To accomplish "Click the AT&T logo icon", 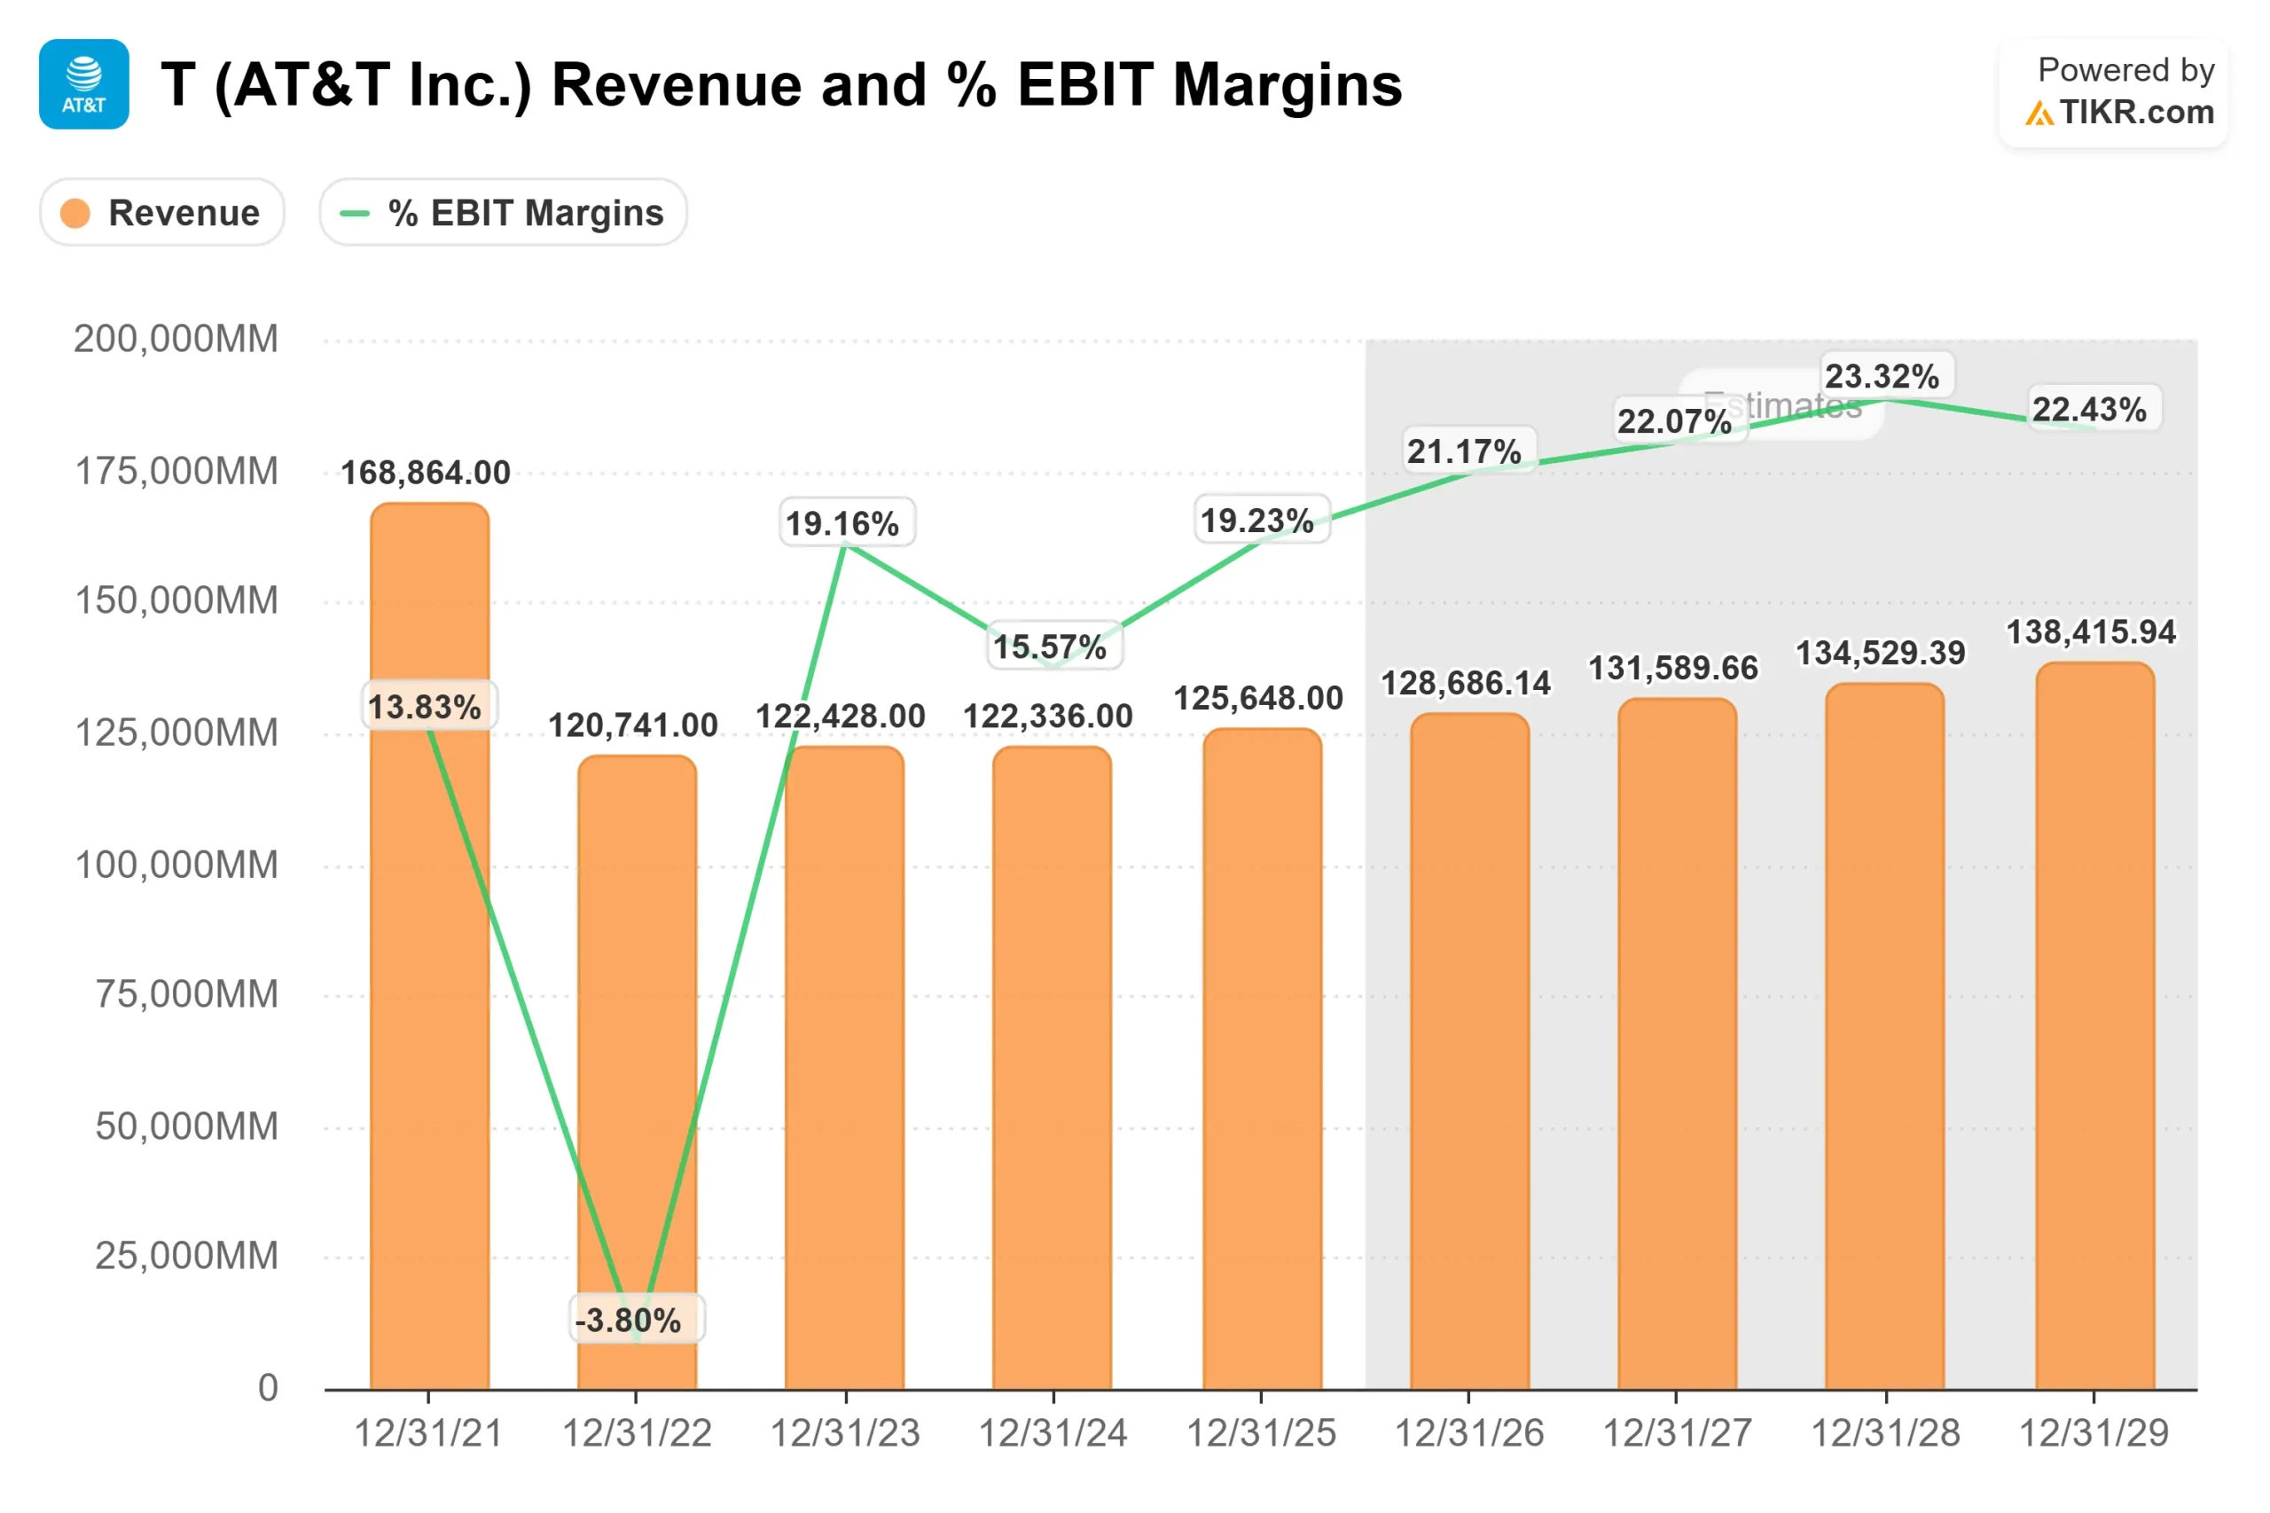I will click(x=84, y=84).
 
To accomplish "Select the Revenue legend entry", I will click(x=162, y=212).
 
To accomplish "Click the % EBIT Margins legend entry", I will click(x=503, y=212).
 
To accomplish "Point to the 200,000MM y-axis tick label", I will click(x=176, y=339).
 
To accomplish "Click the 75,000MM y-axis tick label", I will click(x=186, y=994).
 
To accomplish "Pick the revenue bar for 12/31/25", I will click(x=1261, y=1062).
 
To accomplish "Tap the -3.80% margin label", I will click(x=628, y=1319).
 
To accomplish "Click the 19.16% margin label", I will click(x=842, y=523).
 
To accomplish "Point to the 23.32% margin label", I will click(x=1882, y=375).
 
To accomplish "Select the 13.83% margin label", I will click(x=425, y=706).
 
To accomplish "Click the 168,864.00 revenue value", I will click(x=426, y=473).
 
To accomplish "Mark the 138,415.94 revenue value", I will click(x=2091, y=632).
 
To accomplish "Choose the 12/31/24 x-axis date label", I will click(x=1053, y=1433).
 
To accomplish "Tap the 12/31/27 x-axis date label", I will click(x=1677, y=1433).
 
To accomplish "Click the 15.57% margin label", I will click(x=1050, y=646).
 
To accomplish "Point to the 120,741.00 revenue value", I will click(x=633, y=725).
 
